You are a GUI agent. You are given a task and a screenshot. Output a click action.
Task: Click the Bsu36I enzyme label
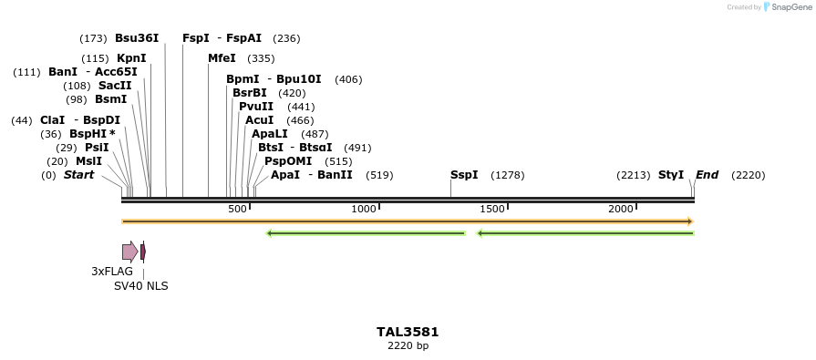click(x=137, y=38)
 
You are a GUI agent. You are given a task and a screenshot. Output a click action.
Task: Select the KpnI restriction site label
click(x=131, y=58)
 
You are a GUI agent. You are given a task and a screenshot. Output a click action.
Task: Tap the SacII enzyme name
click(x=115, y=86)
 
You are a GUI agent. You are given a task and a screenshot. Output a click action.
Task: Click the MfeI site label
click(x=222, y=58)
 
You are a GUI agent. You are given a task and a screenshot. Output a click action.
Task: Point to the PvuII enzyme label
click(x=255, y=107)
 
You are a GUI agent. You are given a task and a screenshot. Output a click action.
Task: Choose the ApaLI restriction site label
click(x=270, y=134)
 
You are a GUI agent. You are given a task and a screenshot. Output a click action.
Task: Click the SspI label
click(x=464, y=175)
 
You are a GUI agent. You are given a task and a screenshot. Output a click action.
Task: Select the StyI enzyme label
click(x=671, y=175)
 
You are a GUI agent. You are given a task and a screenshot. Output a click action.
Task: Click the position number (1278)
click(x=508, y=175)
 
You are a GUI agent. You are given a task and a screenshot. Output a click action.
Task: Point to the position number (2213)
click(x=634, y=175)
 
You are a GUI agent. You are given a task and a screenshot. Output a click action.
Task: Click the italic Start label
click(x=78, y=175)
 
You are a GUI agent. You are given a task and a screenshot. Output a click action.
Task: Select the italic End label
click(x=707, y=175)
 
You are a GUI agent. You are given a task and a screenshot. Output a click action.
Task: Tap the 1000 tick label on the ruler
click(x=364, y=210)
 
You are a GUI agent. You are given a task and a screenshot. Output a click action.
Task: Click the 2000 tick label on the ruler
click(x=621, y=210)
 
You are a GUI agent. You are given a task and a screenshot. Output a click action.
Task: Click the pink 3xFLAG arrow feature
click(x=129, y=252)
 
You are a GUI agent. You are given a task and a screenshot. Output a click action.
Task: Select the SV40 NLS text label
click(x=140, y=286)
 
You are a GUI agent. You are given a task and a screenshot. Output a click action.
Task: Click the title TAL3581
click(x=408, y=332)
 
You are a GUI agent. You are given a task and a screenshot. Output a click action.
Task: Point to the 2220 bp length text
click(x=408, y=346)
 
